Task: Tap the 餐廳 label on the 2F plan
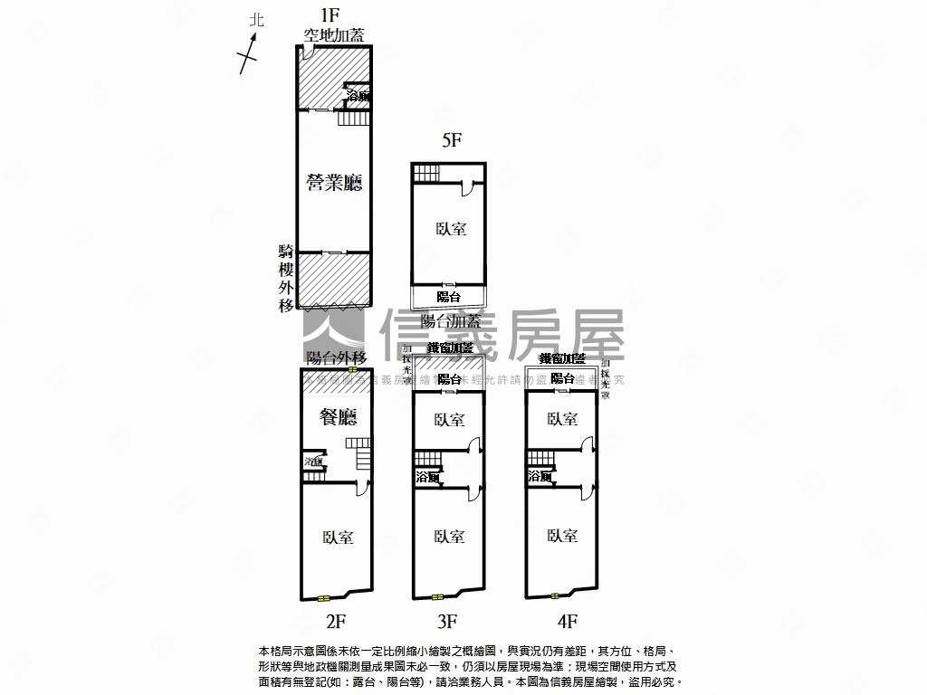coord(338,416)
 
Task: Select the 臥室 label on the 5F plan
coord(450,229)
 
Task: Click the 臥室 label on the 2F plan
coord(338,538)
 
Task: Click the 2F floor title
coord(337,621)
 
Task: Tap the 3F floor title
coord(447,621)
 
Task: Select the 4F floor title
coord(567,621)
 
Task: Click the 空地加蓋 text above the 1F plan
coord(333,35)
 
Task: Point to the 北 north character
coord(257,19)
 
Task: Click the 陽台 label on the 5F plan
coord(448,296)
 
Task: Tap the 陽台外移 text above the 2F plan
coord(336,357)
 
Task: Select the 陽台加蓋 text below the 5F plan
coord(451,321)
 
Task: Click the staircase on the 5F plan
coord(425,172)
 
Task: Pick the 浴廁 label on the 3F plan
coord(427,476)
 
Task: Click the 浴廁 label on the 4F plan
coord(540,476)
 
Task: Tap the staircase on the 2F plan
coord(362,454)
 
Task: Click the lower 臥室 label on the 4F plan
coord(562,536)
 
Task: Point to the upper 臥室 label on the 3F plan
coord(449,419)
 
